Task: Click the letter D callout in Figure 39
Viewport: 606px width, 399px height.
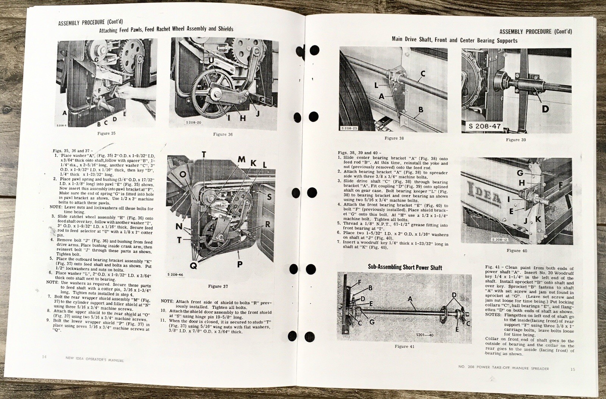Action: pos(545,109)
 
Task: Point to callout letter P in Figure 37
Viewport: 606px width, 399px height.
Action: pos(240,264)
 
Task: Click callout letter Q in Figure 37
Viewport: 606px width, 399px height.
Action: pos(193,266)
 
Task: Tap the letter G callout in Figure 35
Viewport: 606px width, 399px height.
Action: pos(97,59)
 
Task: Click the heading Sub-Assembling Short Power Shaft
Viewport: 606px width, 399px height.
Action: pos(405,267)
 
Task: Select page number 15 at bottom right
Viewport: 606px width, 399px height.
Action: pos(572,369)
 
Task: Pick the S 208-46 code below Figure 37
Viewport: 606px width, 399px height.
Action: pos(175,275)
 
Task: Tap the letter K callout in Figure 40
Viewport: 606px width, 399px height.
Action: pos(538,219)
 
